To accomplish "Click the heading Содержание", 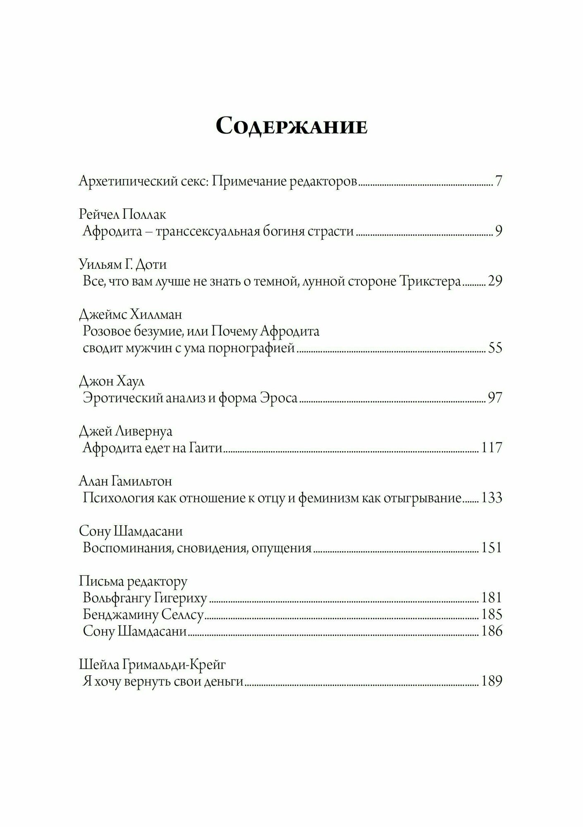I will click(291, 126).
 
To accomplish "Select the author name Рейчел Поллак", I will click(122, 215).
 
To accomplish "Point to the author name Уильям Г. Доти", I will click(122, 264).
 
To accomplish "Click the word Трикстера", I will click(430, 281).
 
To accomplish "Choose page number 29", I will click(495, 281).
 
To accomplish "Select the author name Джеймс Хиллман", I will click(130, 315).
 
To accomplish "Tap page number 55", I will click(495, 348).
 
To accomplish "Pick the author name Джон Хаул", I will click(112, 381).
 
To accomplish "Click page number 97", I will click(495, 398).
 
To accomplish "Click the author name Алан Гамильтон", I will click(125, 481).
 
